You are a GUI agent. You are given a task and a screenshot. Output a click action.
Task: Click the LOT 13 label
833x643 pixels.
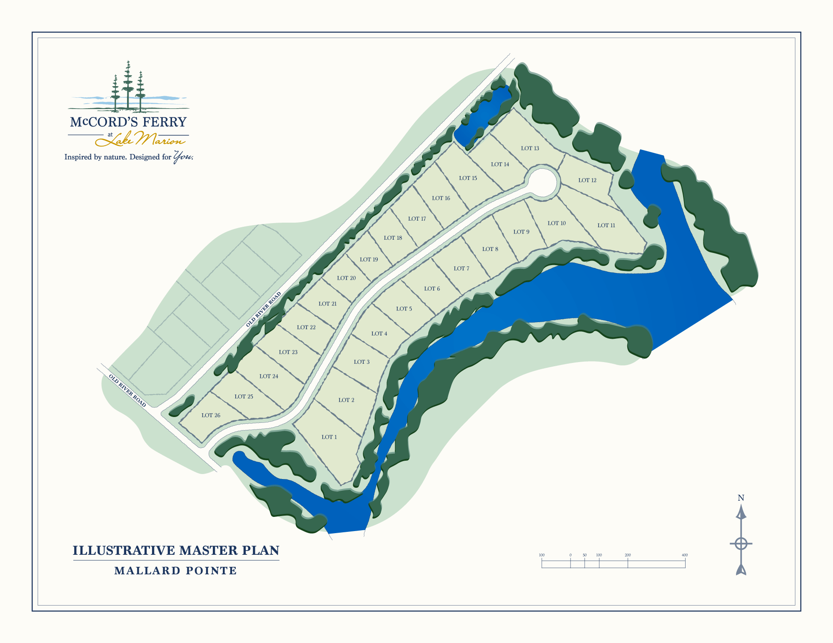pyautogui.click(x=530, y=148)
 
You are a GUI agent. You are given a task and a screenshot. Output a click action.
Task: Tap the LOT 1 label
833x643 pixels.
pyautogui.click(x=329, y=437)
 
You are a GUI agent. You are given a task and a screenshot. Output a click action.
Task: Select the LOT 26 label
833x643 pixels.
pyautogui.click(x=211, y=415)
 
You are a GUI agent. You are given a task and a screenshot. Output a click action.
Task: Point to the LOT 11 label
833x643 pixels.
pyautogui.click(x=606, y=226)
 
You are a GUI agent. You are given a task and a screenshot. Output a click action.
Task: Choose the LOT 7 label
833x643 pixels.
pyautogui.click(x=461, y=268)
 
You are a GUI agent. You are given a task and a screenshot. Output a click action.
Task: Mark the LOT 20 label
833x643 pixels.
pyautogui.click(x=346, y=278)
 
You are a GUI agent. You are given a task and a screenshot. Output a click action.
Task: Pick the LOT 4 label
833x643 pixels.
pyautogui.click(x=379, y=334)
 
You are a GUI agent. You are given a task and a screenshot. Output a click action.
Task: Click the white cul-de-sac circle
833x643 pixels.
pyautogui.click(x=543, y=182)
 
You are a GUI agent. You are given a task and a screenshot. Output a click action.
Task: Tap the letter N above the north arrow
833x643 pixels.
pyautogui.click(x=741, y=498)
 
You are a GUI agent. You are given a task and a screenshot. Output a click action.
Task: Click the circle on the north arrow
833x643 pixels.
pyautogui.click(x=741, y=544)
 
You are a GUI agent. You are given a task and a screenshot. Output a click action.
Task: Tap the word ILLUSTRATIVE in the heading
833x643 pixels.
pyautogui.click(x=124, y=551)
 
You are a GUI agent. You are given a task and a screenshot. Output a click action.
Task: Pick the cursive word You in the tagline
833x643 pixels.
pyautogui.click(x=183, y=156)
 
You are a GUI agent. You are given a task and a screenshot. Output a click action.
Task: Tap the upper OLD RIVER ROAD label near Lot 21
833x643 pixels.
pyautogui.click(x=264, y=309)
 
